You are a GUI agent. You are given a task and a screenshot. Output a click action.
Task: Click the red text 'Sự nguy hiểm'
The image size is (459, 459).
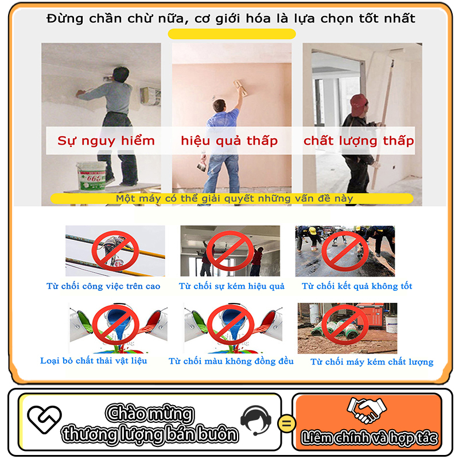(106, 141)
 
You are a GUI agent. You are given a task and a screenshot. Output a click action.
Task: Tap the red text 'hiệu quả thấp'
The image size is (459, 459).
(229, 141)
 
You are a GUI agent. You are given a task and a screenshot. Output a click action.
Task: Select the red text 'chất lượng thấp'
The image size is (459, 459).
(359, 141)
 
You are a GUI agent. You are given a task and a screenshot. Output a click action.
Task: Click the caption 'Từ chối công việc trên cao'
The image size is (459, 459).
(103, 286)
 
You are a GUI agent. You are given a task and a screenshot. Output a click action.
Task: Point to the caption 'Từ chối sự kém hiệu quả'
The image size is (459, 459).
(231, 286)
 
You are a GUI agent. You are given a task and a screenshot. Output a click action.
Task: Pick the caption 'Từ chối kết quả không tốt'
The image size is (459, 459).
(357, 286)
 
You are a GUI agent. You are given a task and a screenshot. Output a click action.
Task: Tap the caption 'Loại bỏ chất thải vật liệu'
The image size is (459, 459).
(94, 360)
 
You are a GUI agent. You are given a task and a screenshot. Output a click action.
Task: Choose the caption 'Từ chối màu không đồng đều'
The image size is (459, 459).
(231, 361)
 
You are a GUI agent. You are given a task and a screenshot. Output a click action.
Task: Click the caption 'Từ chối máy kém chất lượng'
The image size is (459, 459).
(372, 361)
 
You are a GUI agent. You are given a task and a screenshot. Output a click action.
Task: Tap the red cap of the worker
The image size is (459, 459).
(359, 102)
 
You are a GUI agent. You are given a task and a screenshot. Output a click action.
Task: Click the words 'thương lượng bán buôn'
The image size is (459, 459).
(150, 434)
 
